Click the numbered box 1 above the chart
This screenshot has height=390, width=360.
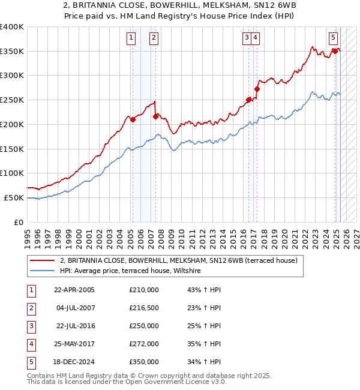tap(131, 38)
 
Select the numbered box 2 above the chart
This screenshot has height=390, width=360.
tap(154, 38)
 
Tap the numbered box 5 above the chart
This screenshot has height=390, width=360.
tap(333, 37)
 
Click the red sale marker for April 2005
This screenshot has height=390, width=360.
tap(133, 119)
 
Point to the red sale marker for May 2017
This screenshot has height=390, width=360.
tap(257, 89)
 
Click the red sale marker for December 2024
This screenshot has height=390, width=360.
tap(335, 51)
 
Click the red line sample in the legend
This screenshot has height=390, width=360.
tap(43, 261)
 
